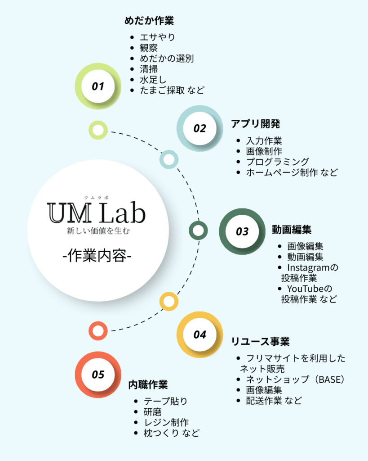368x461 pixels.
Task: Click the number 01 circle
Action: (98, 86)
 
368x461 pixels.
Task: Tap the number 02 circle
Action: (200, 128)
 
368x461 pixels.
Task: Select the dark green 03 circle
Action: (242, 231)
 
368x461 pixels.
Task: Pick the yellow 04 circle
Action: (200, 334)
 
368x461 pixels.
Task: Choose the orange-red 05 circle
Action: (98, 375)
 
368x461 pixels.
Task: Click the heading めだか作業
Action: (149, 21)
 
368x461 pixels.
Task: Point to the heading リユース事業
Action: (260, 342)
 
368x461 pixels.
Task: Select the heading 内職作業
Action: (148, 385)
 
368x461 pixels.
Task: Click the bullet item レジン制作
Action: (166, 422)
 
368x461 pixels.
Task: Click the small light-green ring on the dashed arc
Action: (98, 130)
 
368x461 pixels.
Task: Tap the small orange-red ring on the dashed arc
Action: (98, 331)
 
